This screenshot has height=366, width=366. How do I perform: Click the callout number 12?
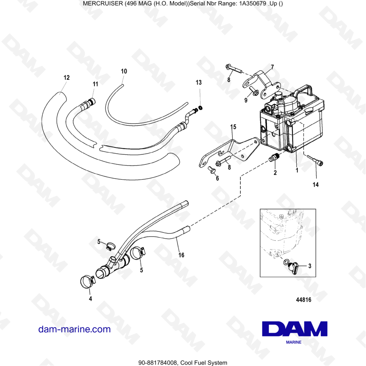(66, 78)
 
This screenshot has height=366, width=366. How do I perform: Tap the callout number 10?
(124, 71)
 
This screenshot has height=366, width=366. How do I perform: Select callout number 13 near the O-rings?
(199, 83)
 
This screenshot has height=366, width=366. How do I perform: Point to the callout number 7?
(272, 67)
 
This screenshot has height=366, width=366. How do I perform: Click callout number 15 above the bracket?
(233, 127)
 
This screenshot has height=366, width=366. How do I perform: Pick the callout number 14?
(315, 185)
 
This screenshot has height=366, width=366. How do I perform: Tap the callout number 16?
(181, 254)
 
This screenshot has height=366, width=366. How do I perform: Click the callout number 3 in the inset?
(310, 266)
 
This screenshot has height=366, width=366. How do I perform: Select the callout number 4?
(90, 298)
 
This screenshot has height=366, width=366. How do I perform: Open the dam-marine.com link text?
(74, 329)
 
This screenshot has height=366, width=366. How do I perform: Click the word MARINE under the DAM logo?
(294, 343)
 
